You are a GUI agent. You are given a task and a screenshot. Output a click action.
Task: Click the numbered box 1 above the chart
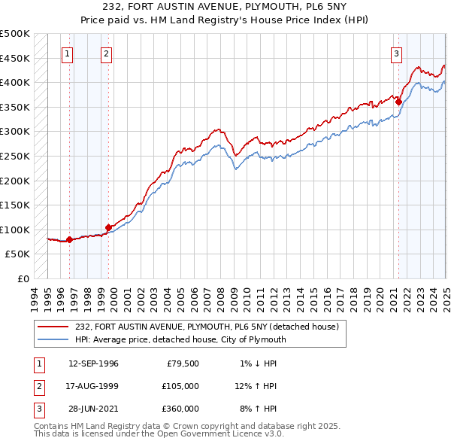(68, 53)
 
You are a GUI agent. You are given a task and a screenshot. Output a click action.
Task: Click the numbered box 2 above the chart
(107, 53)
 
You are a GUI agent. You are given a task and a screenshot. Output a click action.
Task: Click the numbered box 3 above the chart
(396, 53)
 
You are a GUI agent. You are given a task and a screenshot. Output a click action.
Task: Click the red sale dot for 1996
(69, 240)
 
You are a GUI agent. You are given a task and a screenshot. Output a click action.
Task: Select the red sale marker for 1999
(108, 227)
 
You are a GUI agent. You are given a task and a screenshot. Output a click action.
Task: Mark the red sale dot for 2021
(398, 102)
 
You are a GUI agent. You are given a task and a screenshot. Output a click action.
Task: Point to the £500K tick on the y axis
(15, 34)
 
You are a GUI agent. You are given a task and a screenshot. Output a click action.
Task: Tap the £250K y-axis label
(15, 157)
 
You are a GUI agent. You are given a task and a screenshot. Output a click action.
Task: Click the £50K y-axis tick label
(18, 254)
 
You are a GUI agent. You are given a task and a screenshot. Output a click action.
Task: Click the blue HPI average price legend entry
(180, 339)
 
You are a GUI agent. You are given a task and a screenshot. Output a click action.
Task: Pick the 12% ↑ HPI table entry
(256, 386)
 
